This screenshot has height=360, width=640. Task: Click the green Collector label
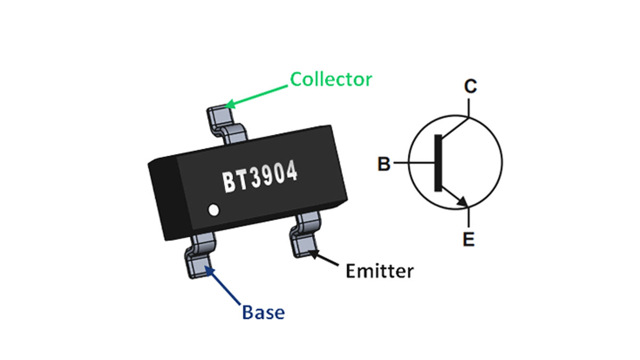click(x=331, y=79)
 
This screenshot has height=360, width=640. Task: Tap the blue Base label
click(x=263, y=313)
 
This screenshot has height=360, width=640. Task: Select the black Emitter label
click(x=379, y=271)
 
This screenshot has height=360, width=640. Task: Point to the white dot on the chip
click(x=214, y=210)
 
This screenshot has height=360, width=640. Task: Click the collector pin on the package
click(x=219, y=115)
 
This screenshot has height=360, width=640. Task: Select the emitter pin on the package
click(x=304, y=243)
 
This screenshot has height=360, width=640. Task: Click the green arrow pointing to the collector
click(x=259, y=93)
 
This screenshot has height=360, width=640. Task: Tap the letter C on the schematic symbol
click(x=470, y=86)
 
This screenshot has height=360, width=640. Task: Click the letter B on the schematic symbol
click(x=384, y=164)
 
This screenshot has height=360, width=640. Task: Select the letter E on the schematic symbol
click(x=468, y=240)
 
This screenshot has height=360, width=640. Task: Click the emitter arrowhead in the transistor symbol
click(x=463, y=202)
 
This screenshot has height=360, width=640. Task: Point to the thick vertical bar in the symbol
click(x=438, y=163)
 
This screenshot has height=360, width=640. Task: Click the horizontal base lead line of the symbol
click(x=421, y=162)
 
